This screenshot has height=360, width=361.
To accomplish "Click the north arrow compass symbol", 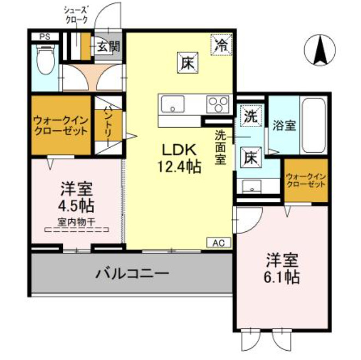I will (x=319, y=49).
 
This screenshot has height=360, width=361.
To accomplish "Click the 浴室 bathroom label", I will (x=284, y=125).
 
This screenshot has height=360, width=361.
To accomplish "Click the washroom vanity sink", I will (x=252, y=187).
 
